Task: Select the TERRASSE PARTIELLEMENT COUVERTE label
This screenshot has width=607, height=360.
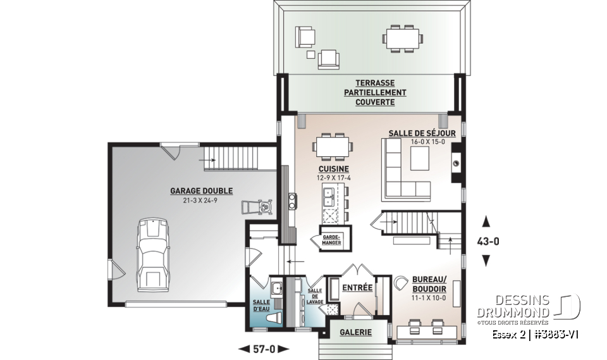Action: [375, 92]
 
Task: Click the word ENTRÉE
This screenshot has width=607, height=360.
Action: [357, 288]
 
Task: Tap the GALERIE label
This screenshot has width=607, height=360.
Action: [355, 332]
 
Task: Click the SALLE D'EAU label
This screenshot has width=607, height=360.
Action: [261, 306]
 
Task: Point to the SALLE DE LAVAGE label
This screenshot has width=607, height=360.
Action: [315, 296]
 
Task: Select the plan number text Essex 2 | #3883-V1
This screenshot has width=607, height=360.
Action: [536, 333]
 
